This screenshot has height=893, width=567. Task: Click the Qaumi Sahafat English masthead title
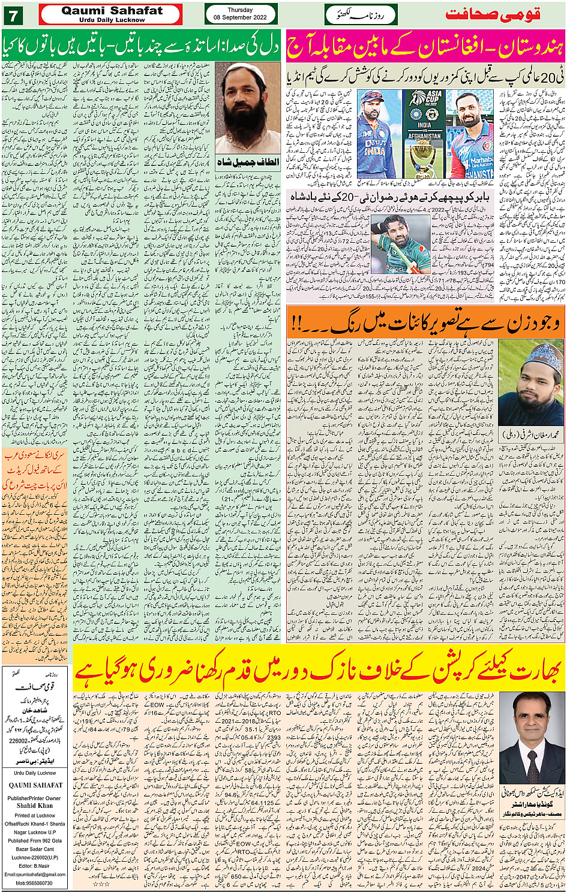click(x=112, y=11)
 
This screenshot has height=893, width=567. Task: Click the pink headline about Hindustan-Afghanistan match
click(x=425, y=47)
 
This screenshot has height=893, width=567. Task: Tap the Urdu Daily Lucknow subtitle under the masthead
click(x=112, y=20)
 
